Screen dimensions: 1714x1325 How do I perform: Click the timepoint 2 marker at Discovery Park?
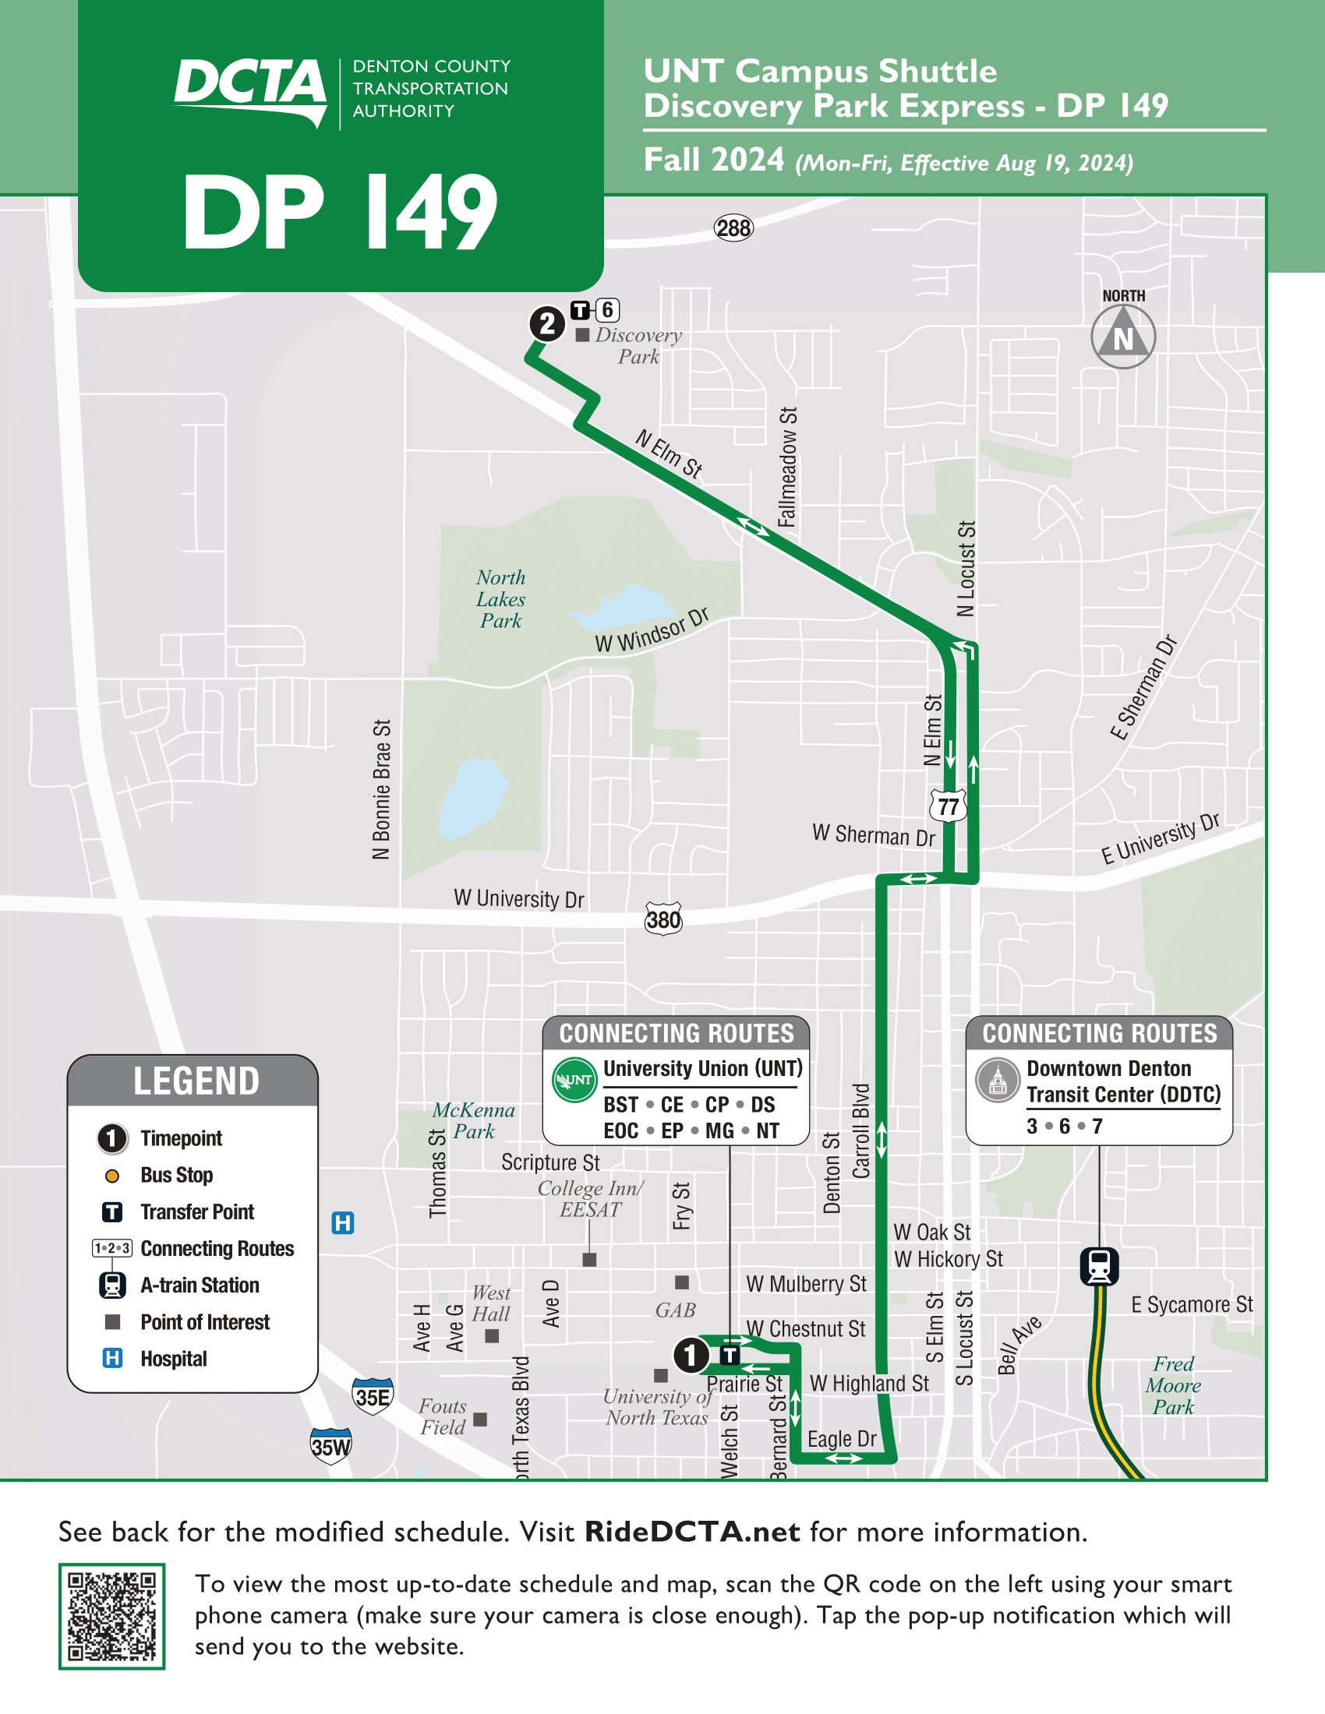point(547,323)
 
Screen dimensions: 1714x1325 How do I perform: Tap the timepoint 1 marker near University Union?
point(691,1355)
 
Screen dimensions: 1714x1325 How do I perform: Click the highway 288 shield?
point(733,228)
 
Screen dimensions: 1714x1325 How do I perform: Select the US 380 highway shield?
point(663,919)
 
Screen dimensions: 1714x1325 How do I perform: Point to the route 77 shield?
point(949,806)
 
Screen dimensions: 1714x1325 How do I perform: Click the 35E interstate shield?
point(372,1396)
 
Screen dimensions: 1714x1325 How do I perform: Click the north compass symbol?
point(1123,337)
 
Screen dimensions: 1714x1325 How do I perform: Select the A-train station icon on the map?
point(1099,1266)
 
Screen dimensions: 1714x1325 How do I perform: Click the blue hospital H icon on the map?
point(343,1222)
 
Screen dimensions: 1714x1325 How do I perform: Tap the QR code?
point(111,1616)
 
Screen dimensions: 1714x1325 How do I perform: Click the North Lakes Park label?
point(501,599)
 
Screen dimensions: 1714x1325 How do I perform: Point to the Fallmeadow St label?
point(787,467)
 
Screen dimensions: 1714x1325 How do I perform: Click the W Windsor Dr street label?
point(652,630)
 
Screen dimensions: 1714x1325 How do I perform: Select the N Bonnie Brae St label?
point(381,788)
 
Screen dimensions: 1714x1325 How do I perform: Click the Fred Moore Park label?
point(1173,1385)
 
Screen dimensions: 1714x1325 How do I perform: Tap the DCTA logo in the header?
point(251,90)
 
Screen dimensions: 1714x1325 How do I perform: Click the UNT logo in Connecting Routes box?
point(574,1080)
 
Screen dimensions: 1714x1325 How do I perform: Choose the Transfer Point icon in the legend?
point(112,1211)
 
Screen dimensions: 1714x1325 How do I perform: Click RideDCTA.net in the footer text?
point(692,1531)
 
